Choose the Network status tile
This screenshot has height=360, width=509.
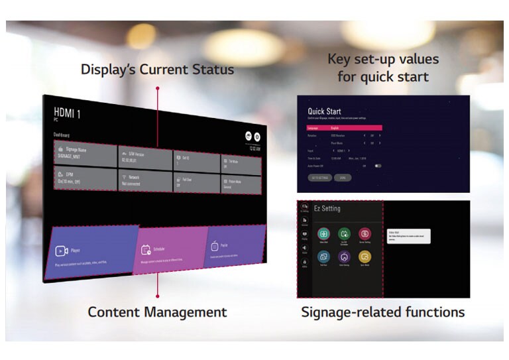[x=144, y=179]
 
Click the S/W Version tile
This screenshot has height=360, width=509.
[x=144, y=157]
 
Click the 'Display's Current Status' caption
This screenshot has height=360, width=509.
[x=157, y=69]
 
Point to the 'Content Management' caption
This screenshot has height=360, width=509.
[x=157, y=312]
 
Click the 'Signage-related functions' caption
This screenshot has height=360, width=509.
[x=382, y=312]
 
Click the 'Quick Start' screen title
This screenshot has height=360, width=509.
[x=324, y=111]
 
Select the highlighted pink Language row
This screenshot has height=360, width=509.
[x=344, y=127]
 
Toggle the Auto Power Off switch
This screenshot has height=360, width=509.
[x=378, y=166]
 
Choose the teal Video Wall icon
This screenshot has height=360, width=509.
[x=323, y=233]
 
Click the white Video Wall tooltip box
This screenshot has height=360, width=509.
[x=409, y=236]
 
